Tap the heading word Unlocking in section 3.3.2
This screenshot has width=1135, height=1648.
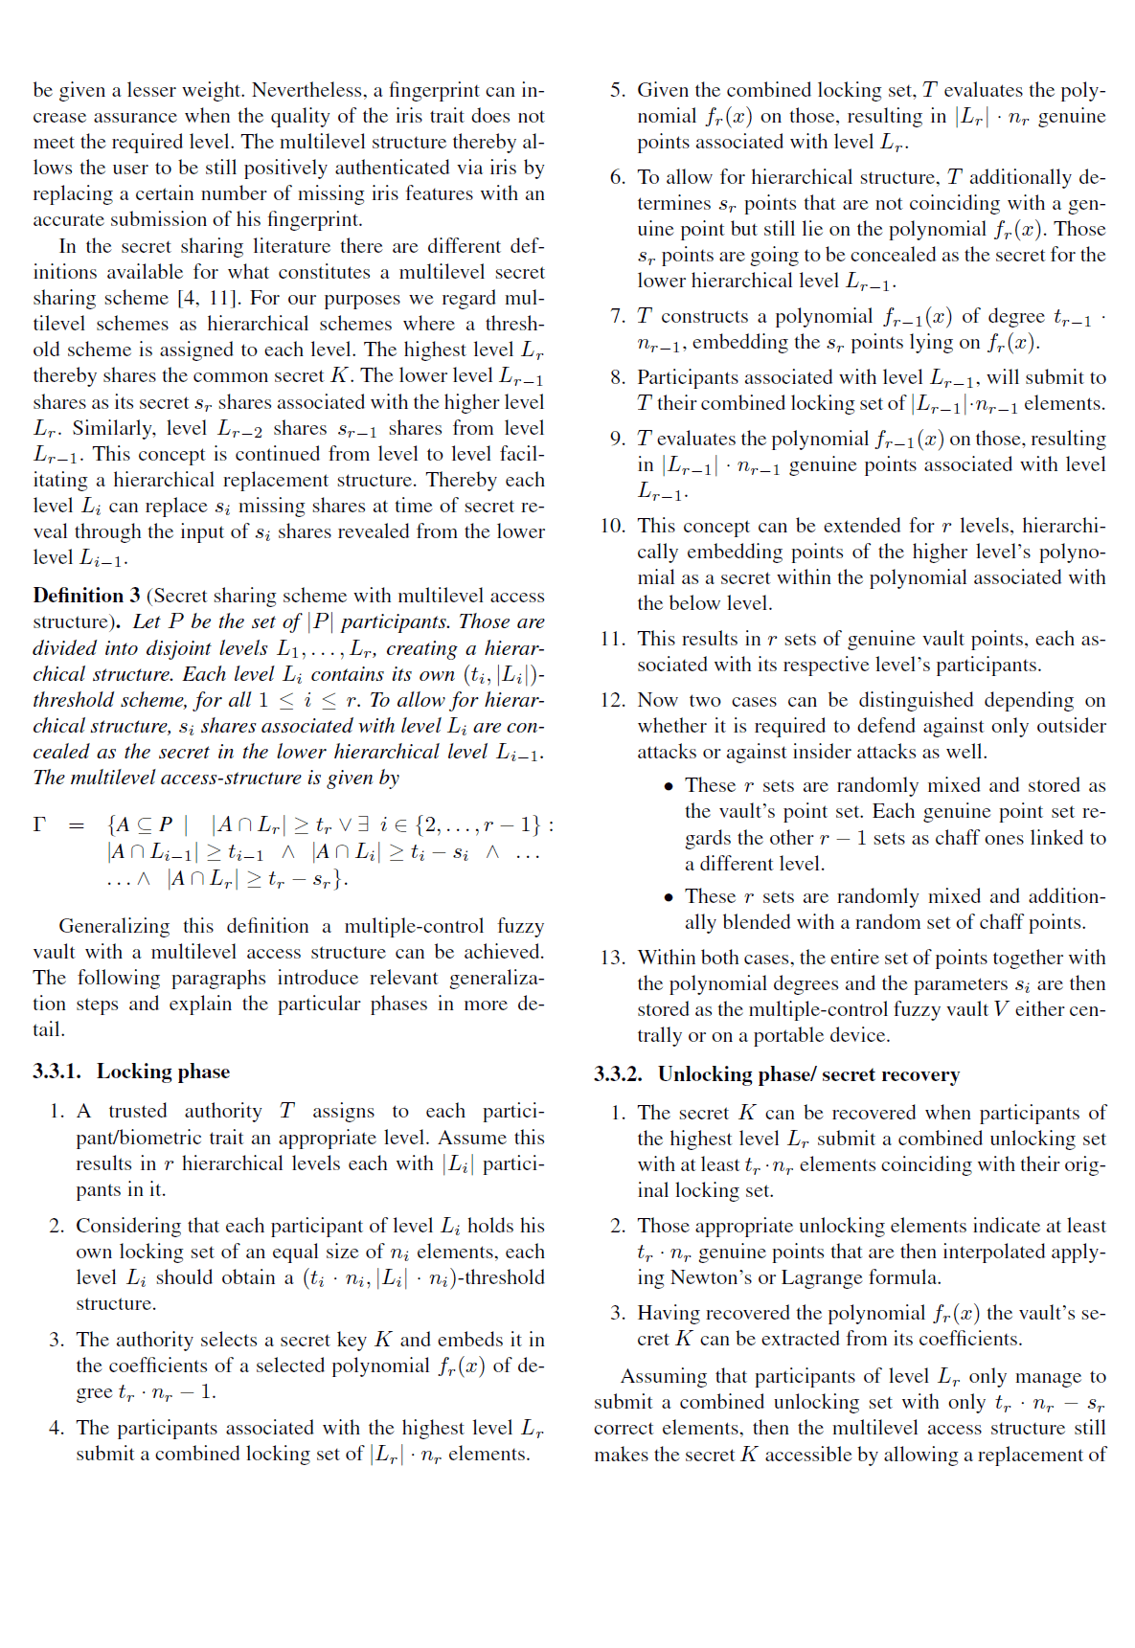[705, 1074]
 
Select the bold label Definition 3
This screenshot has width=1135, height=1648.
[86, 596]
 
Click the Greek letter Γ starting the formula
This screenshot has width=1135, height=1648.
[39, 824]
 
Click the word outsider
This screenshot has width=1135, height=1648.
[1065, 726]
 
